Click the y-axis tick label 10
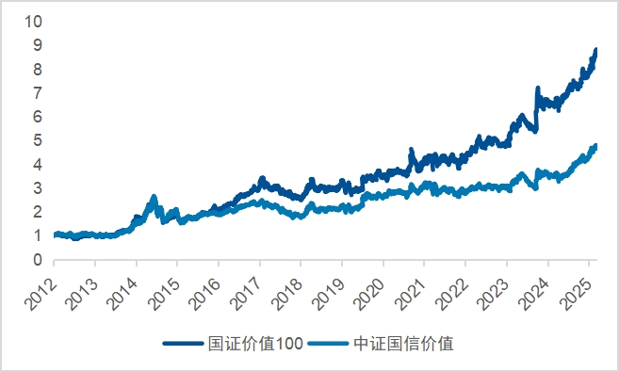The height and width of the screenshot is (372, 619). (33, 21)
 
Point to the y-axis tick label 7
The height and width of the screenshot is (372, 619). (37, 92)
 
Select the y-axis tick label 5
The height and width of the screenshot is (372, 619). (37, 140)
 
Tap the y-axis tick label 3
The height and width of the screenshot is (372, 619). (37, 188)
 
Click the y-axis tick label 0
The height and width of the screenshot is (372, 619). (37, 260)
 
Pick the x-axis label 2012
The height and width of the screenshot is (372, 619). (41, 285)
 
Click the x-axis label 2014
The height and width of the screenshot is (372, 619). (123, 285)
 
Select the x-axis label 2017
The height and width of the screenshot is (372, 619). (247, 285)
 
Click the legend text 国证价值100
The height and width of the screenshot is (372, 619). (255, 344)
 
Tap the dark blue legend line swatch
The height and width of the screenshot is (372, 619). (184, 344)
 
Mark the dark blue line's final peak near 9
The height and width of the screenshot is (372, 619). (595, 50)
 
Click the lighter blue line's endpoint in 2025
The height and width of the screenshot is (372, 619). (595, 146)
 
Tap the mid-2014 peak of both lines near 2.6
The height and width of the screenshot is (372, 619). (154, 198)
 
